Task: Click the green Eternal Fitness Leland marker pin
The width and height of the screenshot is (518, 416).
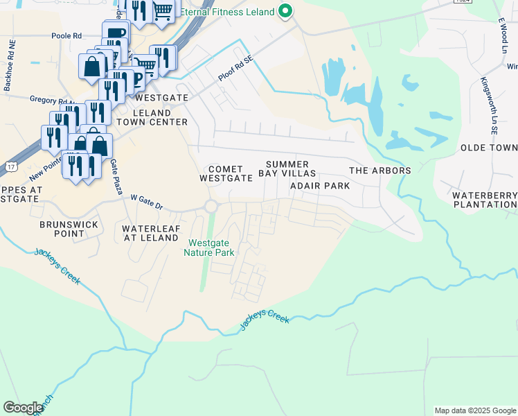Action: pyautogui.click(x=285, y=11)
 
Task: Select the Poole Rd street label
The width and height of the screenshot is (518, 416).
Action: pyautogui.click(x=66, y=35)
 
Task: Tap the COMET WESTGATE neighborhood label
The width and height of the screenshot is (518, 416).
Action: pyautogui.click(x=226, y=173)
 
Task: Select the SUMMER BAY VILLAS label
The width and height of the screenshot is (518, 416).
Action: pyautogui.click(x=287, y=168)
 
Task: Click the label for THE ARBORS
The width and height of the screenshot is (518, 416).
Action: pyautogui.click(x=379, y=171)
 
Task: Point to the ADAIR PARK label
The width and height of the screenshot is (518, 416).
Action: pyautogui.click(x=320, y=186)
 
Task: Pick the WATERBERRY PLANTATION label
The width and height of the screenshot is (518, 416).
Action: pyautogui.click(x=485, y=200)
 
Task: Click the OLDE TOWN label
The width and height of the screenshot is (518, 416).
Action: pyautogui.click(x=489, y=148)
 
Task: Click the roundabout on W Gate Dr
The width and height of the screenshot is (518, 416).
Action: pyautogui.click(x=211, y=207)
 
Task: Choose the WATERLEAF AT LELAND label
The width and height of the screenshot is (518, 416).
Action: pyautogui.click(x=150, y=233)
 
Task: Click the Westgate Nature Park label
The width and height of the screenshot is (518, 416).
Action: pyautogui.click(x=212, y=248)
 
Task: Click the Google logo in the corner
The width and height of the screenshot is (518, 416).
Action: pyautogui.click(x=23, y=408)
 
